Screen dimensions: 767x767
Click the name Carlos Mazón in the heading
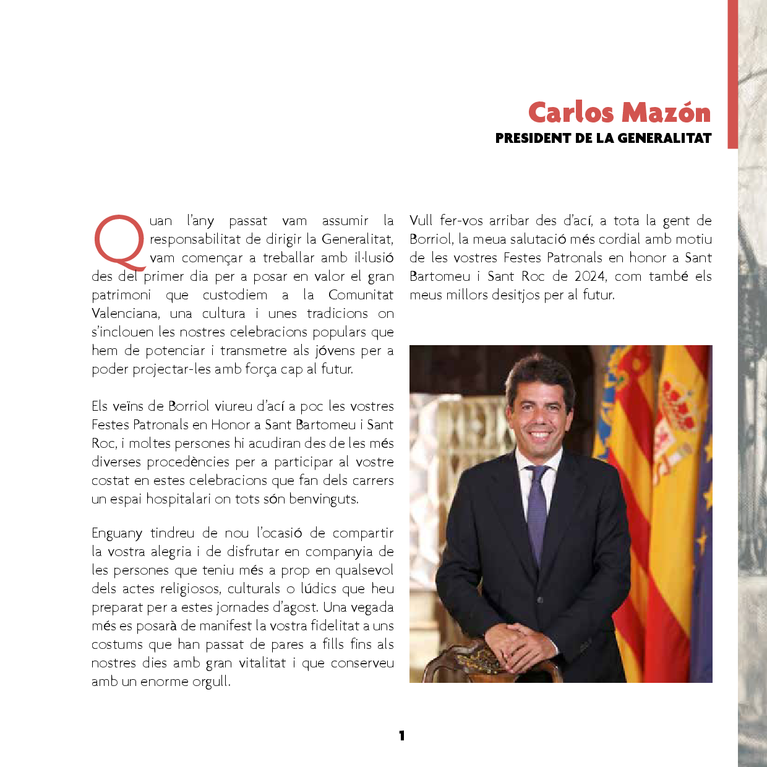tap(619, 113)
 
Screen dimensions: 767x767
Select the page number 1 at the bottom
tap(401, 735)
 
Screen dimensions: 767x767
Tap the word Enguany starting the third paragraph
tap(117, 534)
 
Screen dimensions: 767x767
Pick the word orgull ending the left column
tap(211, 682)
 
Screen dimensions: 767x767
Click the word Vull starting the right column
tap(421, 221)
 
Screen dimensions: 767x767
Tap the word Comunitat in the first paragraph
tap(361, 295)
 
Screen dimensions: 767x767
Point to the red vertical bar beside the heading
tap(732, 74)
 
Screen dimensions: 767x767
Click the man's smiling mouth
tap(539, 435)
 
